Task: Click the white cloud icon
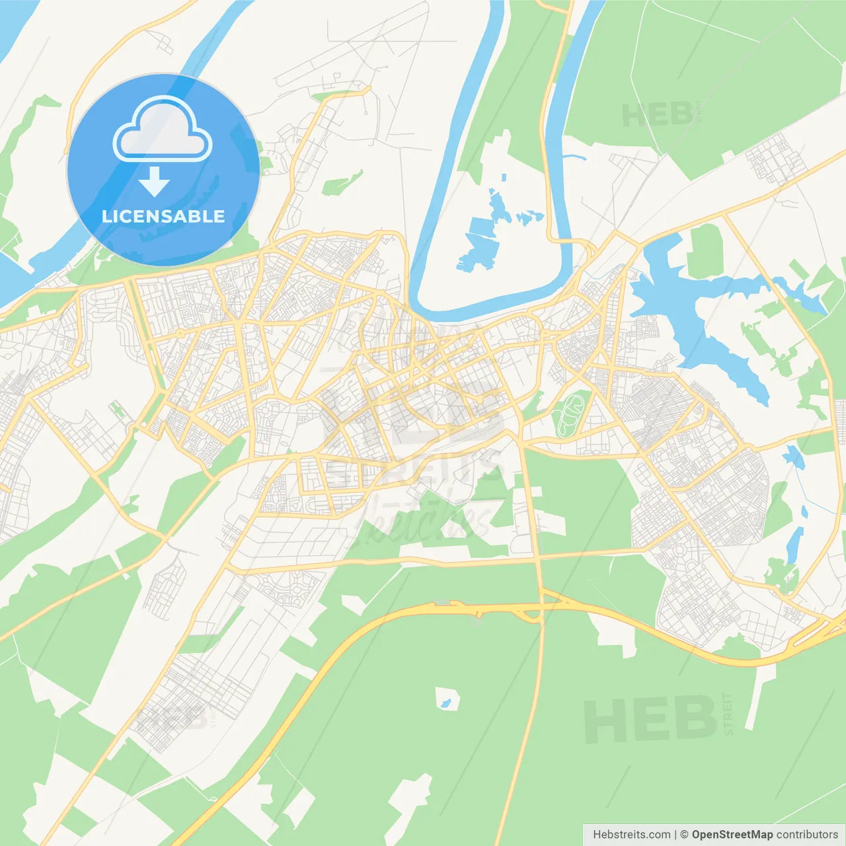tap(163, 131)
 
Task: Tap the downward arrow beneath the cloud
tap(154, 182)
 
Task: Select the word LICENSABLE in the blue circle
tap(163, 216)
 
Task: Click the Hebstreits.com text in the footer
tap(631, 835)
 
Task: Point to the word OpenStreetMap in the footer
tap(732, 835)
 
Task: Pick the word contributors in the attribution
tap(807, 835)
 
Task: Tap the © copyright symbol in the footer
tap(684, 835)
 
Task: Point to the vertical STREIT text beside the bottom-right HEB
tap(728, 714)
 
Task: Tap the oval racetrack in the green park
tap(567, 412)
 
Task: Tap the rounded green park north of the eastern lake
tap(705, 251)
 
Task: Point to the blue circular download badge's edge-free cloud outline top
tap(163, 101)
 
